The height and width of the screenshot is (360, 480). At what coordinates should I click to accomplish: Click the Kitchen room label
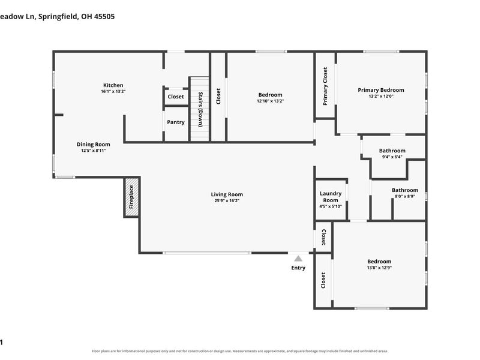(x=113, y=85)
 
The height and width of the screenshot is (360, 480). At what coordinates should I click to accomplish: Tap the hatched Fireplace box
(x=131, y=197)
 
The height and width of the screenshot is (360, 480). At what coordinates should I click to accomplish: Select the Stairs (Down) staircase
(x=200, y=109)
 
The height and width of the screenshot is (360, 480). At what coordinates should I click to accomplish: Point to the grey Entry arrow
(x=298, y=259)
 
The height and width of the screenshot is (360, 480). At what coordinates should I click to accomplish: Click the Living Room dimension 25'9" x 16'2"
(x=227, y=201)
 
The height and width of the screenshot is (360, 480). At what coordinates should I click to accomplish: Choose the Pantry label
(x=176, y=122)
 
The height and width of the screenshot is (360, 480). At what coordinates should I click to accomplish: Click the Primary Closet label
(x=325, y=86)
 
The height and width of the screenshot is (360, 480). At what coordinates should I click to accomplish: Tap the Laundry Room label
(x=331, y=197)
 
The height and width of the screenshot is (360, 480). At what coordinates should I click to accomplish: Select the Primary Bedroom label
(x=381, y=90)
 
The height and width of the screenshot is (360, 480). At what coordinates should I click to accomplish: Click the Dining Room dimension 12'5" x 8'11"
(x=94, y=151)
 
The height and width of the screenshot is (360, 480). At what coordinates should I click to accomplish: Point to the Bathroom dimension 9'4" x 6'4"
(x=392, y=157)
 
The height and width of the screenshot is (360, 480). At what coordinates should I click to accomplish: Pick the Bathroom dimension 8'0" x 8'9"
(x=405, y=197)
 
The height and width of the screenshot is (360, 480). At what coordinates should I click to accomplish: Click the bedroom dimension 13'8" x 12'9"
(x=379, y=268)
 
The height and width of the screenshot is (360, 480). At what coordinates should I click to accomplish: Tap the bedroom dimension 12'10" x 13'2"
(x=271, y=101)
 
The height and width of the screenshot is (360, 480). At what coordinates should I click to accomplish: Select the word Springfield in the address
(x=58, y=17)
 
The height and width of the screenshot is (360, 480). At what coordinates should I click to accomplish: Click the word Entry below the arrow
(x=298, y=268)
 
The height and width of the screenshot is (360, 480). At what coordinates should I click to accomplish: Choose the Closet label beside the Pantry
(x=176, y=97)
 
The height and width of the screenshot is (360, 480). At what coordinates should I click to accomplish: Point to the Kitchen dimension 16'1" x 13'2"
(x=113, y=92)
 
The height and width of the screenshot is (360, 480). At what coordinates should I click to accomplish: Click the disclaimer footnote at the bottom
(x=239, y=351)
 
